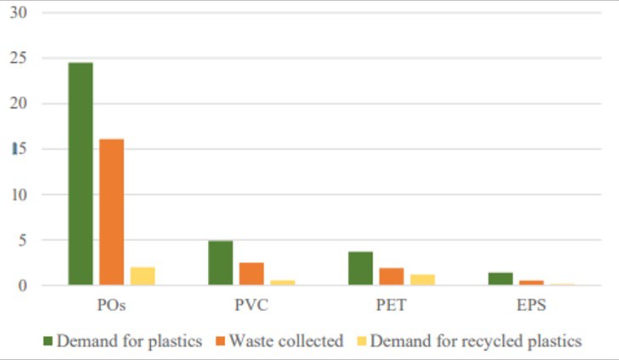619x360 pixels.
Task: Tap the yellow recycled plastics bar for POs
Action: [142, 276]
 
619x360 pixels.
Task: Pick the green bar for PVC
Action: [221, 263]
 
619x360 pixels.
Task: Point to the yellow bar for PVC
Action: [282, 282]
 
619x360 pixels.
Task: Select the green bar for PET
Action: [361, 268]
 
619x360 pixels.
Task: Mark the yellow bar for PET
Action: [422, 279]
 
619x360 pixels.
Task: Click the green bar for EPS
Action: [500, 278]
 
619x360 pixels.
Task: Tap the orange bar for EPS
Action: [531, 282]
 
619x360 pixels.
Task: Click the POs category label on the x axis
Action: [112, 304]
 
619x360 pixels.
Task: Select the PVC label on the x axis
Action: [252, 304]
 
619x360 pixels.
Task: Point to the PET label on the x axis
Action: [391, 304]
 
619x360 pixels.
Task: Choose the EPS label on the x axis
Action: [531, 304]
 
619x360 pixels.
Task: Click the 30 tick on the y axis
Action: [19, 14]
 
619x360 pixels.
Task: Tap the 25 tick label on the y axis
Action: [19, 59]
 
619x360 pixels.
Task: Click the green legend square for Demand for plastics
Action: [49, 341]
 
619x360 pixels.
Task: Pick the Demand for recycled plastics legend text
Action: [476, 341]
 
